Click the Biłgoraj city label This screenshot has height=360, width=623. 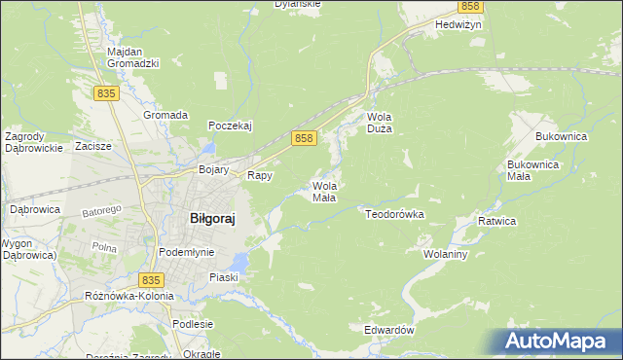pos(211,219)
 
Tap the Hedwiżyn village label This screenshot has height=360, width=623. pos(459,26)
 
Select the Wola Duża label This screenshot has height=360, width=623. pos(379,123)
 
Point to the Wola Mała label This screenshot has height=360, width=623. pos(324,191)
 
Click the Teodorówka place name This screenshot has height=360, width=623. pos(395,213)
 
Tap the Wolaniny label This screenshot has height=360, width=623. pos(447,254)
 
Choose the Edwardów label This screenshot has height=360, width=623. pos(389,331)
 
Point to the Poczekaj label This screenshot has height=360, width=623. pos(231,126)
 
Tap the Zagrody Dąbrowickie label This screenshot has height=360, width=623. pos(33,142)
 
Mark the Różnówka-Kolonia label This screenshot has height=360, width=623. pos(128,295)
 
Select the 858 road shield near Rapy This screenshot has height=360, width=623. pos(304,139)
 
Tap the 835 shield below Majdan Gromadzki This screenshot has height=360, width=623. pos(107,92)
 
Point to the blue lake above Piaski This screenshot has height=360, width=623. pos(239,261)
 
